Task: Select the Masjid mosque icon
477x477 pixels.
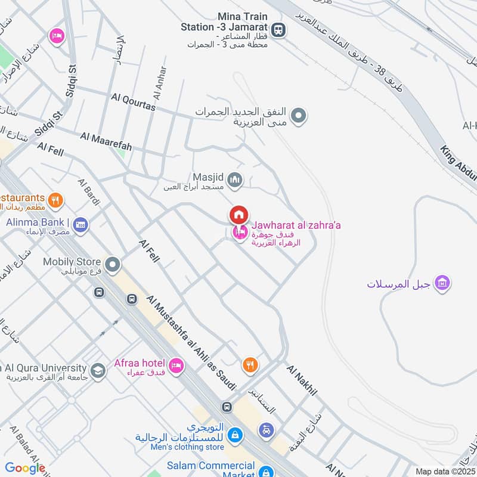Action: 236,179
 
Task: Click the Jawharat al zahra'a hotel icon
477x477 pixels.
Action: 240,233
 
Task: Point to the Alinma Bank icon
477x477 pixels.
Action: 81,224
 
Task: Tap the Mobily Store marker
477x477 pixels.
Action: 112,264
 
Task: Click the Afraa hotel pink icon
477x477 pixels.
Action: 175,366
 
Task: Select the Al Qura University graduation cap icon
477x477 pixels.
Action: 98,371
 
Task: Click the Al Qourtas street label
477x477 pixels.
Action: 133,102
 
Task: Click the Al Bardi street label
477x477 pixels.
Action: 89,192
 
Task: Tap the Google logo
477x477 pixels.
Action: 25,468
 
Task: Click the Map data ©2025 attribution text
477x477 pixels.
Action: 444,471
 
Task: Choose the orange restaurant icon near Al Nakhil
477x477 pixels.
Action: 250,364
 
